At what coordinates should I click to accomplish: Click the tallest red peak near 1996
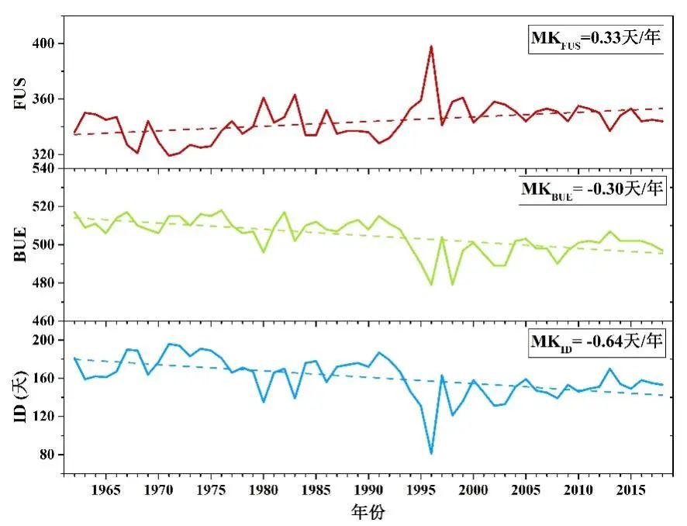431,47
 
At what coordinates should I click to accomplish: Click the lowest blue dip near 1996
431,453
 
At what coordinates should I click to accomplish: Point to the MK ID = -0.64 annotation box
596,341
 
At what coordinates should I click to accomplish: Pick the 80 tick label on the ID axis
51,455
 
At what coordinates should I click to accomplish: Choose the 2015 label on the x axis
630,490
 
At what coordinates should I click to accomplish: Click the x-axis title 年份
368,512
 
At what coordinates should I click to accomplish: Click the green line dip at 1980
264,252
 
